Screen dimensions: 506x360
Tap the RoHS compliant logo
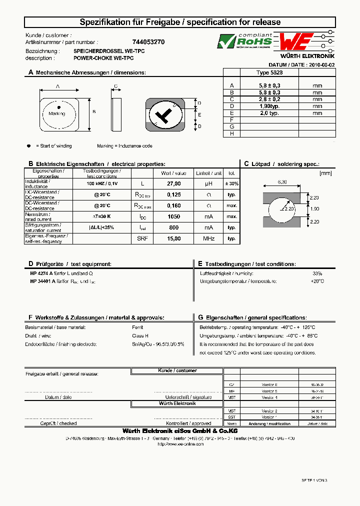point(244,41)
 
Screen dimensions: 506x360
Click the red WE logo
point(296,41)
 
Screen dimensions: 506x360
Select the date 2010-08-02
point(322,65)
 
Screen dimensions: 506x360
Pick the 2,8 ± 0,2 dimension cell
point(269,99)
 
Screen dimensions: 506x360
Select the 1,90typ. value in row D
point(269,106)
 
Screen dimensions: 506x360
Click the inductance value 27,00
point(173,183)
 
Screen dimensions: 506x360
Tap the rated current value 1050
point(173,216)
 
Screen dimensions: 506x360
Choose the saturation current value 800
point(173,227)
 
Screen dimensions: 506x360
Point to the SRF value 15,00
point(173,238)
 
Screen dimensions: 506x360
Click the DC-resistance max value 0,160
point(173,205)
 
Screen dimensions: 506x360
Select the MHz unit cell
point(208,238)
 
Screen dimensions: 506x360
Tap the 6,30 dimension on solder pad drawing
point(282,182)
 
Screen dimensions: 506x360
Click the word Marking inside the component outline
point(57,114)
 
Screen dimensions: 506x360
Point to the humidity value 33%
point(317,273)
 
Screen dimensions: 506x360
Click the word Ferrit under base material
point(138,327)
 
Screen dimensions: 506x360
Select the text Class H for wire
point(140,336)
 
